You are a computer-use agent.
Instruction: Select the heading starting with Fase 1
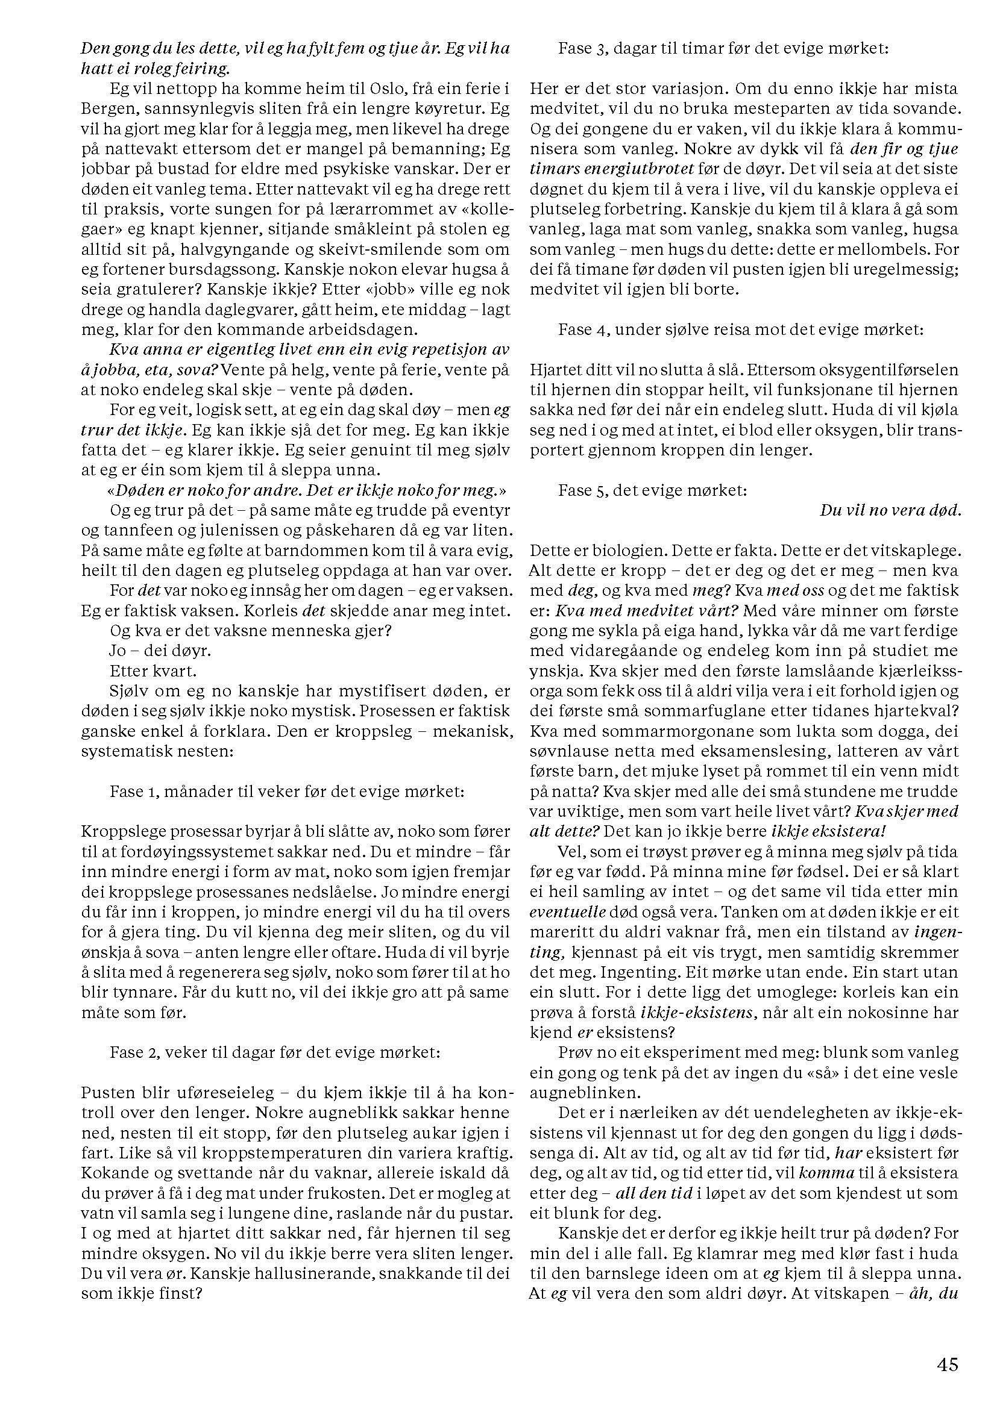coord(287,791)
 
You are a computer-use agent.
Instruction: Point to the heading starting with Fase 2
coord(275,1052)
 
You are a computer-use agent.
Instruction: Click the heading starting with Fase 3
coord(723,48)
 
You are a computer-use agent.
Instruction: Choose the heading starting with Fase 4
coord(740,330)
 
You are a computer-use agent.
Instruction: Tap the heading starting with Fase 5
coord(652,491)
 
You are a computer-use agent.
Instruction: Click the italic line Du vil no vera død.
coord(890,511)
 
